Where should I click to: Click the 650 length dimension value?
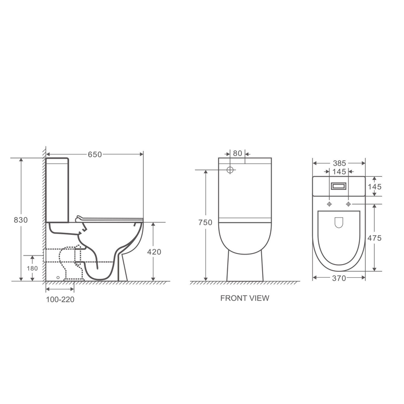(95, 154)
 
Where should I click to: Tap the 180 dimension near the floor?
(31, 268)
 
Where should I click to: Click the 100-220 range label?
(61, 299)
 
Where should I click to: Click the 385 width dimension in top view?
(339, 164)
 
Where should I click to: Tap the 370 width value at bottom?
(339, 278)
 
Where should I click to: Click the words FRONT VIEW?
(244, 298)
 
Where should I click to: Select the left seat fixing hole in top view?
(329, 204)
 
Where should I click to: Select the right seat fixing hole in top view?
(348, 204)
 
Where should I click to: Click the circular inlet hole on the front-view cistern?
(230, 170)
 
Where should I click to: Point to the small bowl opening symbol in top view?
(339, 221)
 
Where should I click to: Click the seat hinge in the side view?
(78, 218)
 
